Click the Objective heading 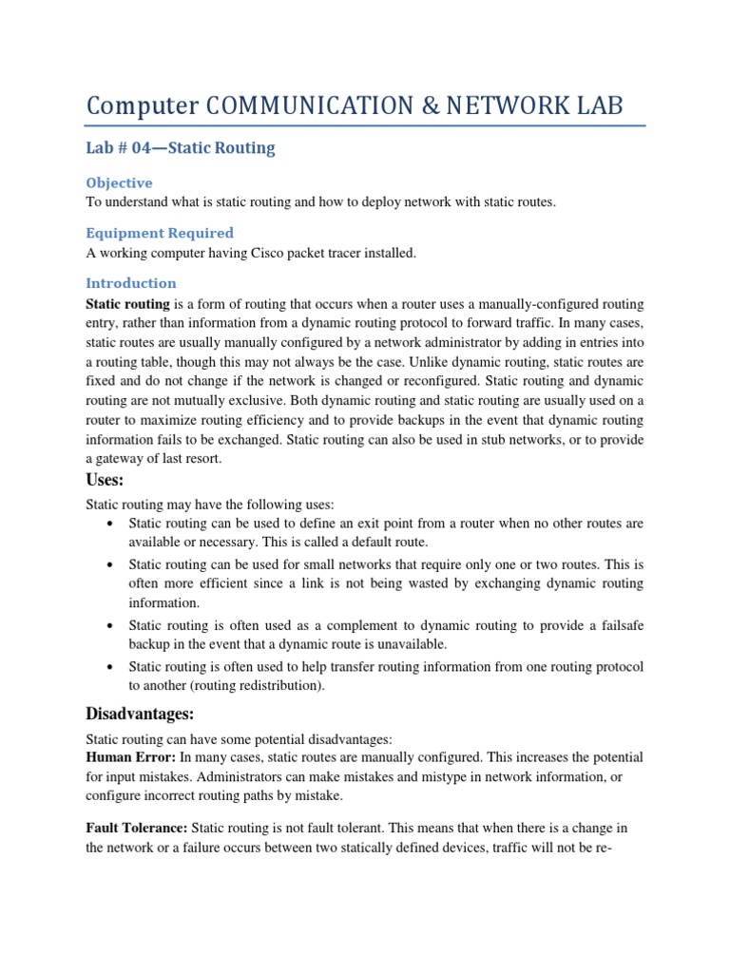119,182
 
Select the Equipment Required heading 159,233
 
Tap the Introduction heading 131,283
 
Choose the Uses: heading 105,482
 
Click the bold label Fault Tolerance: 136,829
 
